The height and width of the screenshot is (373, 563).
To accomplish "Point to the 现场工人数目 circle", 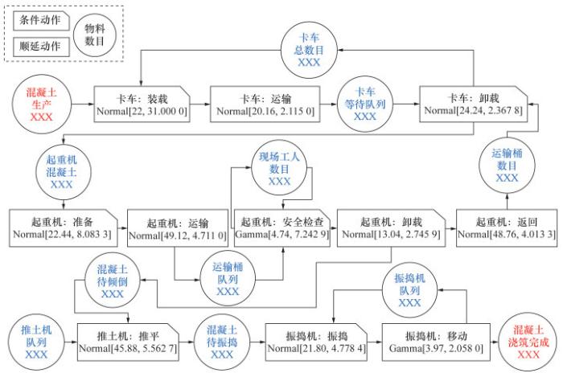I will [x=278, y=168].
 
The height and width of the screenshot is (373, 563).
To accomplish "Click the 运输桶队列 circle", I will [x=228, y=277].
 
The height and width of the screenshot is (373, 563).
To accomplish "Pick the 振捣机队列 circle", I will [x=409, y=290].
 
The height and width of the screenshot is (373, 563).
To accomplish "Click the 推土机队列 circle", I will [x=36, y=339].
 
